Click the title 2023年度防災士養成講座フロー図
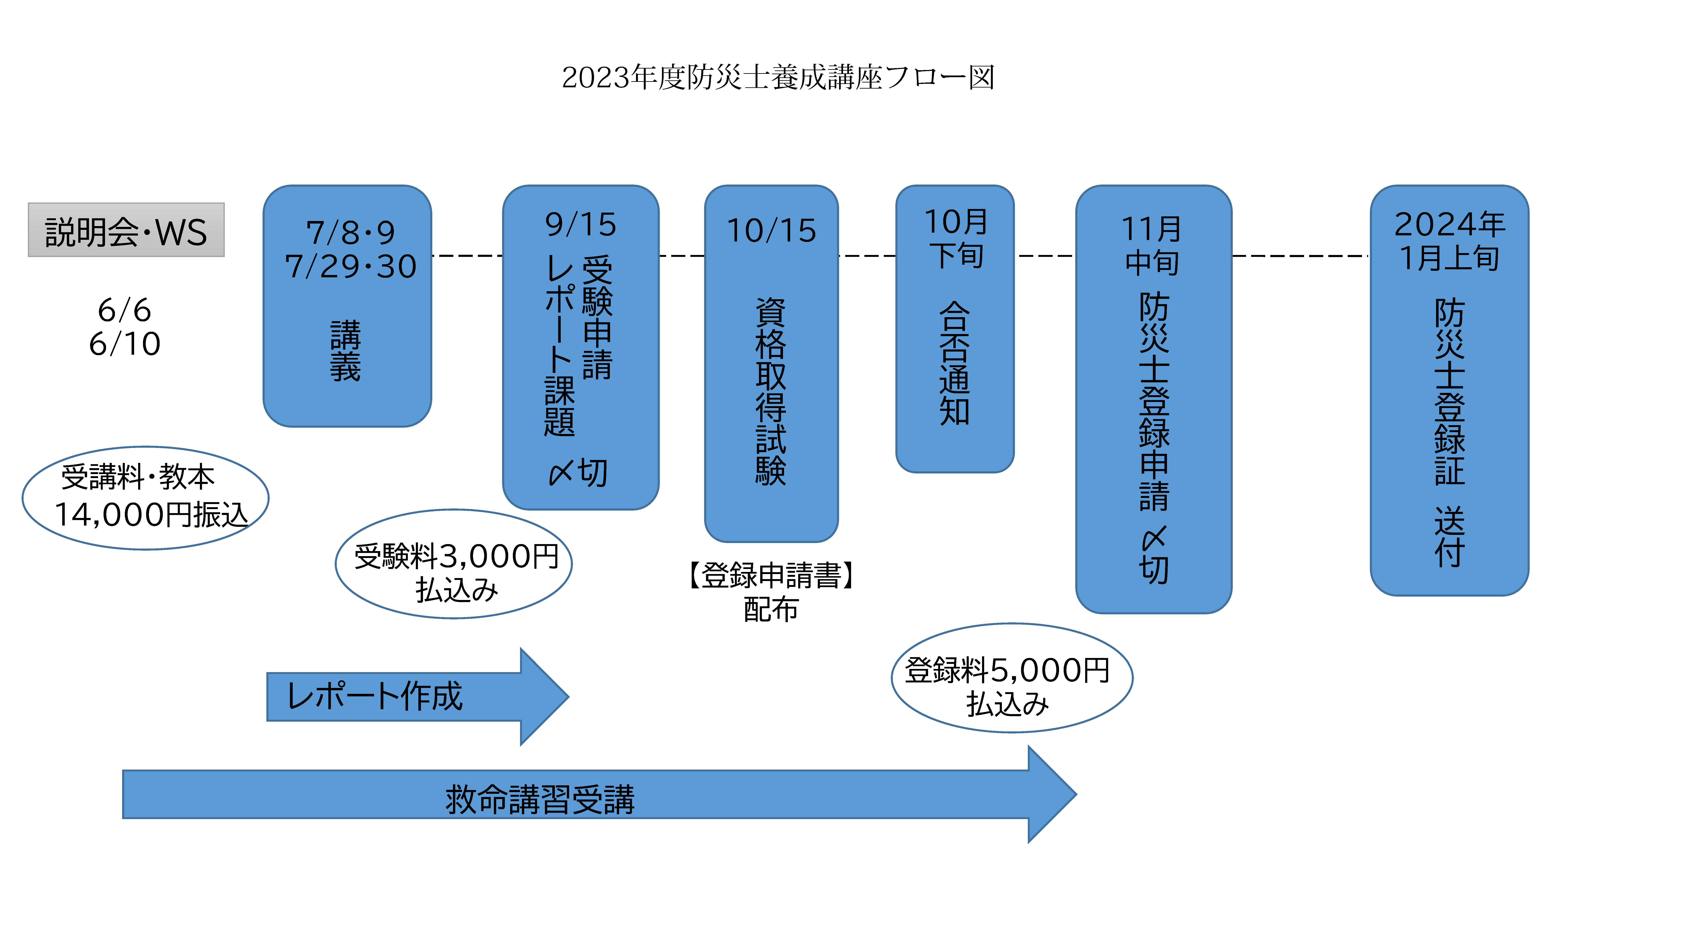tap(778, 77)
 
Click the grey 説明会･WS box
tap(126, 231)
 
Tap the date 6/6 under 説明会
tap(124, 310)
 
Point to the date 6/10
tap(124, 344)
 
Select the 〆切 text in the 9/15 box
tap(578, 472)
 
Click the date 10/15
tap(771, 231)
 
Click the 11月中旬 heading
tap(1153, 246)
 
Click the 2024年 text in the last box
tap(1449, 225)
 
